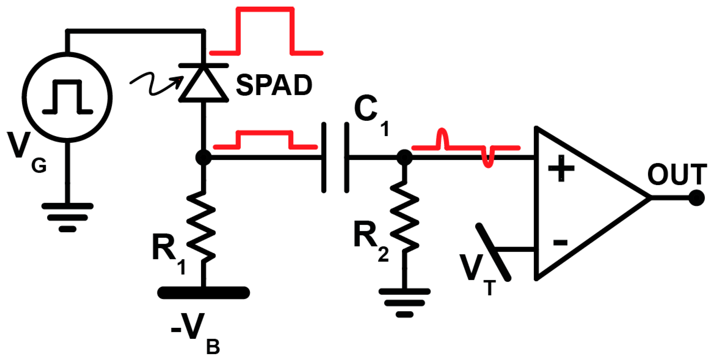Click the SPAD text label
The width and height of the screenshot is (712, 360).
[274, 85]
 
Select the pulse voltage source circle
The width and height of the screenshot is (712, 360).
[67, 97]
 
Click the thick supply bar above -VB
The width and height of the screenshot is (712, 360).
[204, 293]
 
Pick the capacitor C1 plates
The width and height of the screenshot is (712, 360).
[335, 158]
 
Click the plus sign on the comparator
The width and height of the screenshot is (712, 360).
[561, 169]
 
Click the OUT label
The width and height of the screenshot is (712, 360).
[676, 175]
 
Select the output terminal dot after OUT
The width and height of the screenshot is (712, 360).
[696, 198]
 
